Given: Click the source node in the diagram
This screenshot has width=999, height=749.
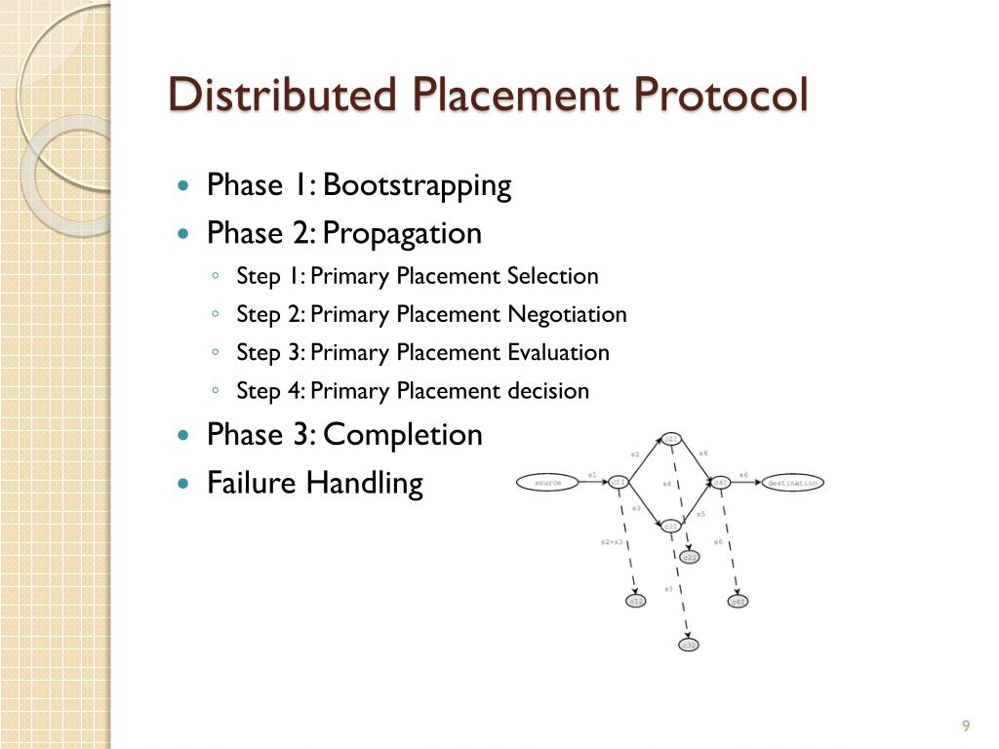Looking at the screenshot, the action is point(546,482).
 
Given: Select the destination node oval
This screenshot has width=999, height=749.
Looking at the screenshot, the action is point(791,482).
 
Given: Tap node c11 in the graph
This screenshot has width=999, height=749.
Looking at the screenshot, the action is point(619,482).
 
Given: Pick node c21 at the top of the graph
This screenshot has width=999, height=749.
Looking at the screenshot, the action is point(671,439).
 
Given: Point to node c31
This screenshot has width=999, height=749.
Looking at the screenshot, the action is point(671,526).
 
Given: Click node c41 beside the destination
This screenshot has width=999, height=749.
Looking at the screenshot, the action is point(721,482).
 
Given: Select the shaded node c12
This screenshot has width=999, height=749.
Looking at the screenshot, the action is point(635,602).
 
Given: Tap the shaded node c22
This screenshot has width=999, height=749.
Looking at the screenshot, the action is point(689,557).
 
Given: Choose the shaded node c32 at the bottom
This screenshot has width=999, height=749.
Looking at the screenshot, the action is point(689,645).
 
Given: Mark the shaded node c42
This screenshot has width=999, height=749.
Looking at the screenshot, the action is point(739,602).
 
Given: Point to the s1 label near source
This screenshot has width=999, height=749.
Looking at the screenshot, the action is point(592,475).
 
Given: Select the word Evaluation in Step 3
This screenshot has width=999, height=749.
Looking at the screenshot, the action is point(558,352).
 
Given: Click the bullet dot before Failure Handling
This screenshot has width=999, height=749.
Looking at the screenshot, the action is point(184,484).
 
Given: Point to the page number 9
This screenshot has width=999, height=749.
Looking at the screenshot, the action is point(966,726).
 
